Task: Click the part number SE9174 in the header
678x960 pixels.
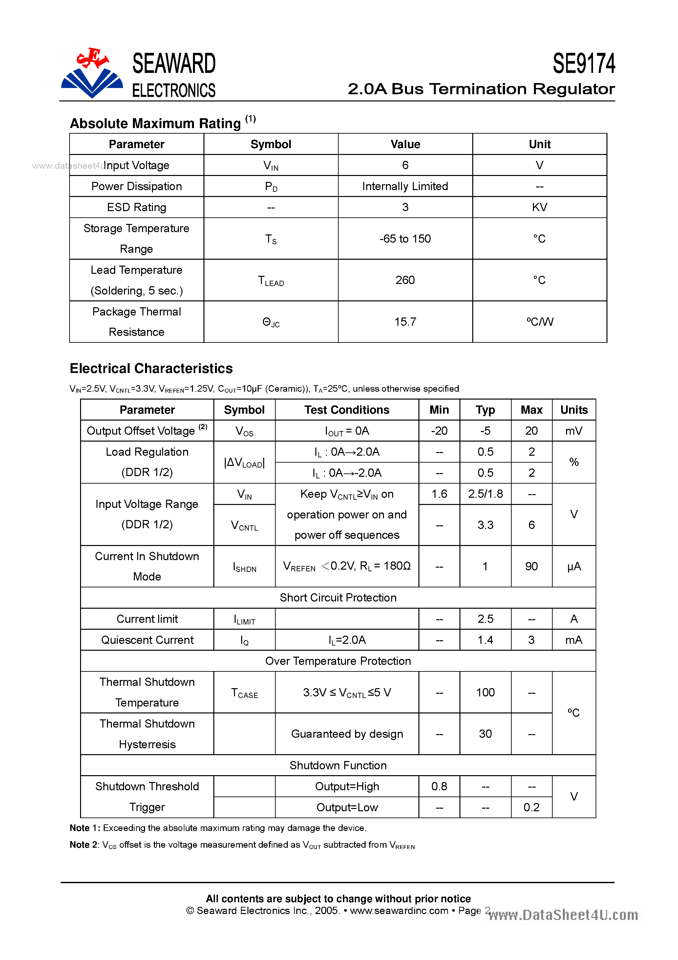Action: coord(583,64)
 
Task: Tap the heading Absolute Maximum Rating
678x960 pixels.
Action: coord(155,123)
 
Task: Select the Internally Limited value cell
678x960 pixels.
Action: coord(405,186)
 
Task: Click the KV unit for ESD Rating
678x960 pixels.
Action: coord(539,207)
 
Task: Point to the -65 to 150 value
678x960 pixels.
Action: coord(405,238)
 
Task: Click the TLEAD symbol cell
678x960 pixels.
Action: coord(271,280)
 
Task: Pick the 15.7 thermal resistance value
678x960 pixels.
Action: coord(405,321)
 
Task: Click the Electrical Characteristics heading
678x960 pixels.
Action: coord(151,368)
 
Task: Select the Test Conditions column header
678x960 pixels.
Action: coord(347,410)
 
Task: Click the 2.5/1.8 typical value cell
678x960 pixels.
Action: coord(485,494)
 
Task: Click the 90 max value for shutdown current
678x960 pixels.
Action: coord(531,566)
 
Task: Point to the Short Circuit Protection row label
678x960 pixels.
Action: coord(338,598)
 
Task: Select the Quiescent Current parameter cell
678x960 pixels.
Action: coord(147,640)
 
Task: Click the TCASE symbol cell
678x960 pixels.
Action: coord(244,693)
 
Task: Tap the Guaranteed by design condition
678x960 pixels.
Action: coord(347,734)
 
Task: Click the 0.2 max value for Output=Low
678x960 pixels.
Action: coord(531,807)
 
